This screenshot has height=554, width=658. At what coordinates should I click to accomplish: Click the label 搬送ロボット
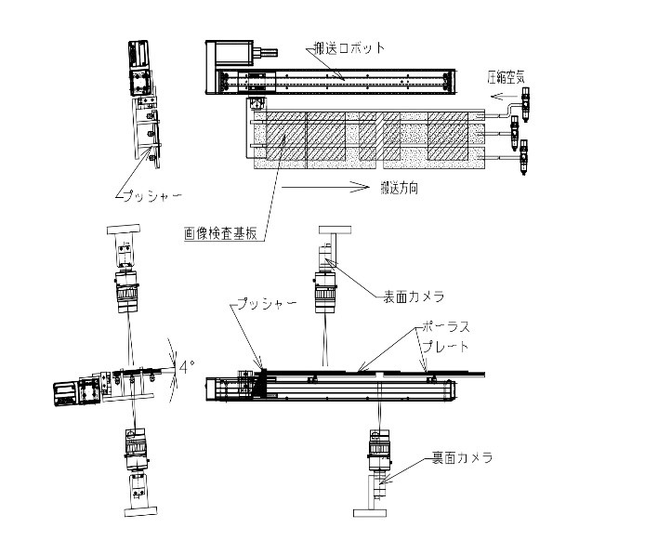(349, 47)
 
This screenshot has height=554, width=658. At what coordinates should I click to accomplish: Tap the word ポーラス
(443, 328)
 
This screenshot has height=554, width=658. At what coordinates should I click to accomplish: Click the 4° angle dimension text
(185, 367)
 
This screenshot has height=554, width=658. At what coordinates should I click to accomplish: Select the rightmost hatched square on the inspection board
(448, 138)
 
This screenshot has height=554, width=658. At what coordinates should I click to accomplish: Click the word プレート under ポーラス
(443, 347)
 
